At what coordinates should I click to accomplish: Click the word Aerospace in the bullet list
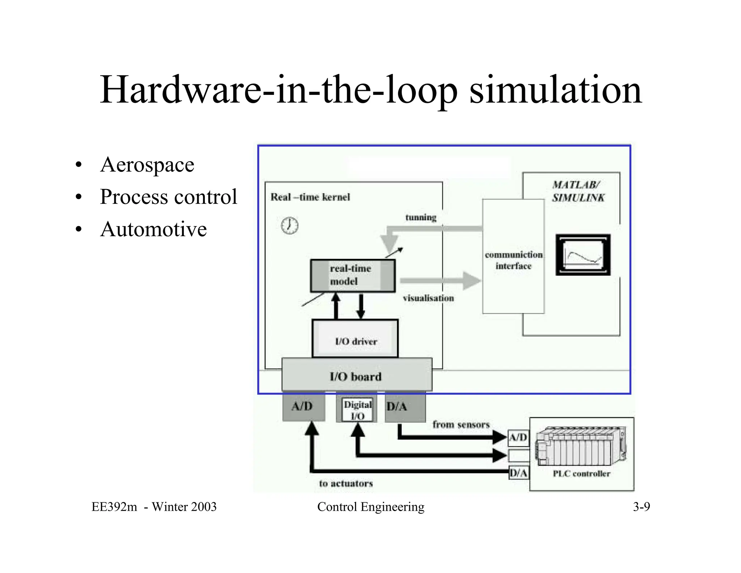[x=147, y=165]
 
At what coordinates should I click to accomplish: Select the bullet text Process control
[x=168, y=197]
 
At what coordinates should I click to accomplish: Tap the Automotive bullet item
[x=153, y=229]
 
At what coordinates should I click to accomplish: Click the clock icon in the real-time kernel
[x=289, y=226]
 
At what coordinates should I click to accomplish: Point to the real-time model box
[x=352, y=276]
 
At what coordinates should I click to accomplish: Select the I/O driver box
[x=355, y=339]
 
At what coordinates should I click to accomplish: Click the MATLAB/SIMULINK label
[x=578, y=191]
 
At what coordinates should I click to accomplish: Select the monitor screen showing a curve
[x=583, y=255]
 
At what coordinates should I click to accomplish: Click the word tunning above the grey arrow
[x=420, y=218]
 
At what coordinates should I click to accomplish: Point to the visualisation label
[x=428, y=298]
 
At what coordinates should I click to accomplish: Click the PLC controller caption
[x=581, y=474]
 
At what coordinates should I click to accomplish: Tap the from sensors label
[x=461, y=424]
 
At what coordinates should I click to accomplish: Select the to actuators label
[x=346, y=484]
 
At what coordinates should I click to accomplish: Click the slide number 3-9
[x=641, y=507]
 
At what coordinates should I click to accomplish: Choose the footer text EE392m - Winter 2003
[x=154, y=507]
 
